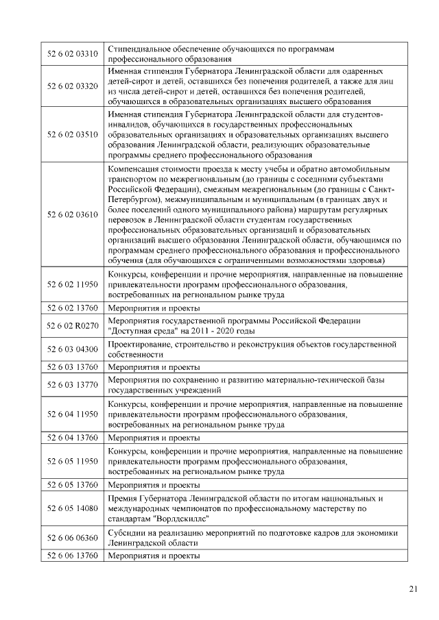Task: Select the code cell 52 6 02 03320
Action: click(72, 86)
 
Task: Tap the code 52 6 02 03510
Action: click(72, 134)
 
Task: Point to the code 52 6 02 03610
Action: click(72, 214)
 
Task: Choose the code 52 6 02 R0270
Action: click(72, 325)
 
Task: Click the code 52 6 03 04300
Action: click(72, 349)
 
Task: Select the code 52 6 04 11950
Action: click(72, 414)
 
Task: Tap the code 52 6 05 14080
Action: click(72, 508)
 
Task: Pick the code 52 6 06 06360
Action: click(72, 538)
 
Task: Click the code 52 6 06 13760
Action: click(72, 556)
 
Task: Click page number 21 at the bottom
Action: click(412, 588)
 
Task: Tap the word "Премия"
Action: click(124, 497)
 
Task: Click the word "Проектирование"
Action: click(139, 343)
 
